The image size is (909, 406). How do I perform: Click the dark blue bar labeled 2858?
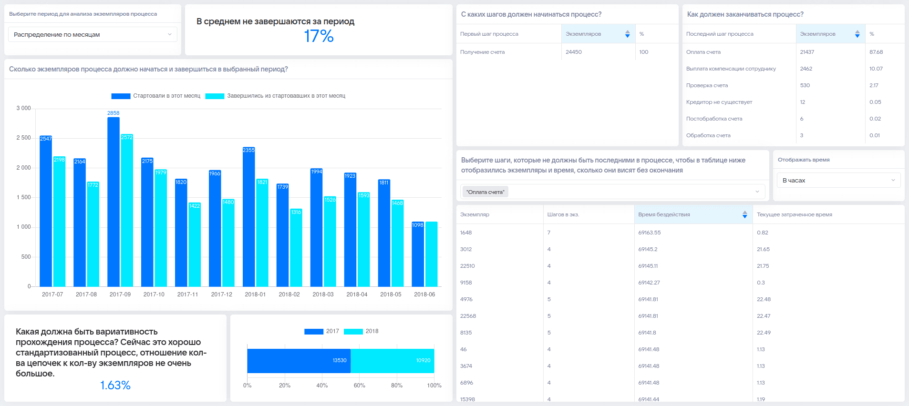point(114,202)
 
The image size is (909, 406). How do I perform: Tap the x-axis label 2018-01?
point(255,294)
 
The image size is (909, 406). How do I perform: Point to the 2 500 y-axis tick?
point(23,138)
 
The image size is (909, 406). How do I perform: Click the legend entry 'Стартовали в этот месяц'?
point(156,96)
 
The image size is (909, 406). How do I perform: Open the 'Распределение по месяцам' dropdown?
point(93,34)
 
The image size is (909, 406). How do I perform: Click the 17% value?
point(319,36)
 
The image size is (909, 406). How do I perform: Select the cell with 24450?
point(574,52)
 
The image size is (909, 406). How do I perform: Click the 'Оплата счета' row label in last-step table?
point(703,52)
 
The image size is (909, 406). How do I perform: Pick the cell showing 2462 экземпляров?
point(806,69)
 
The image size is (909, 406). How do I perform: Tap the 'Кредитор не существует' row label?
point(719,102)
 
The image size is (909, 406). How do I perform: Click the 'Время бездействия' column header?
point(664,214)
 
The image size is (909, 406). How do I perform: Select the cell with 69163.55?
point(650,233)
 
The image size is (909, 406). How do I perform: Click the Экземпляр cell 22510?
point(467,266)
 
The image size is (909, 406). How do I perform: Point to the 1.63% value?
point(115,385)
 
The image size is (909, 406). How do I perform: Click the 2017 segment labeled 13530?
point(299,361)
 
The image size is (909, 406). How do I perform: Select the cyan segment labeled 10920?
point(393,361)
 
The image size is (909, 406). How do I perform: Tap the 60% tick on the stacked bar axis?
point(360,386)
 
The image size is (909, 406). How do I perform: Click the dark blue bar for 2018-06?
point(418,254)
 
